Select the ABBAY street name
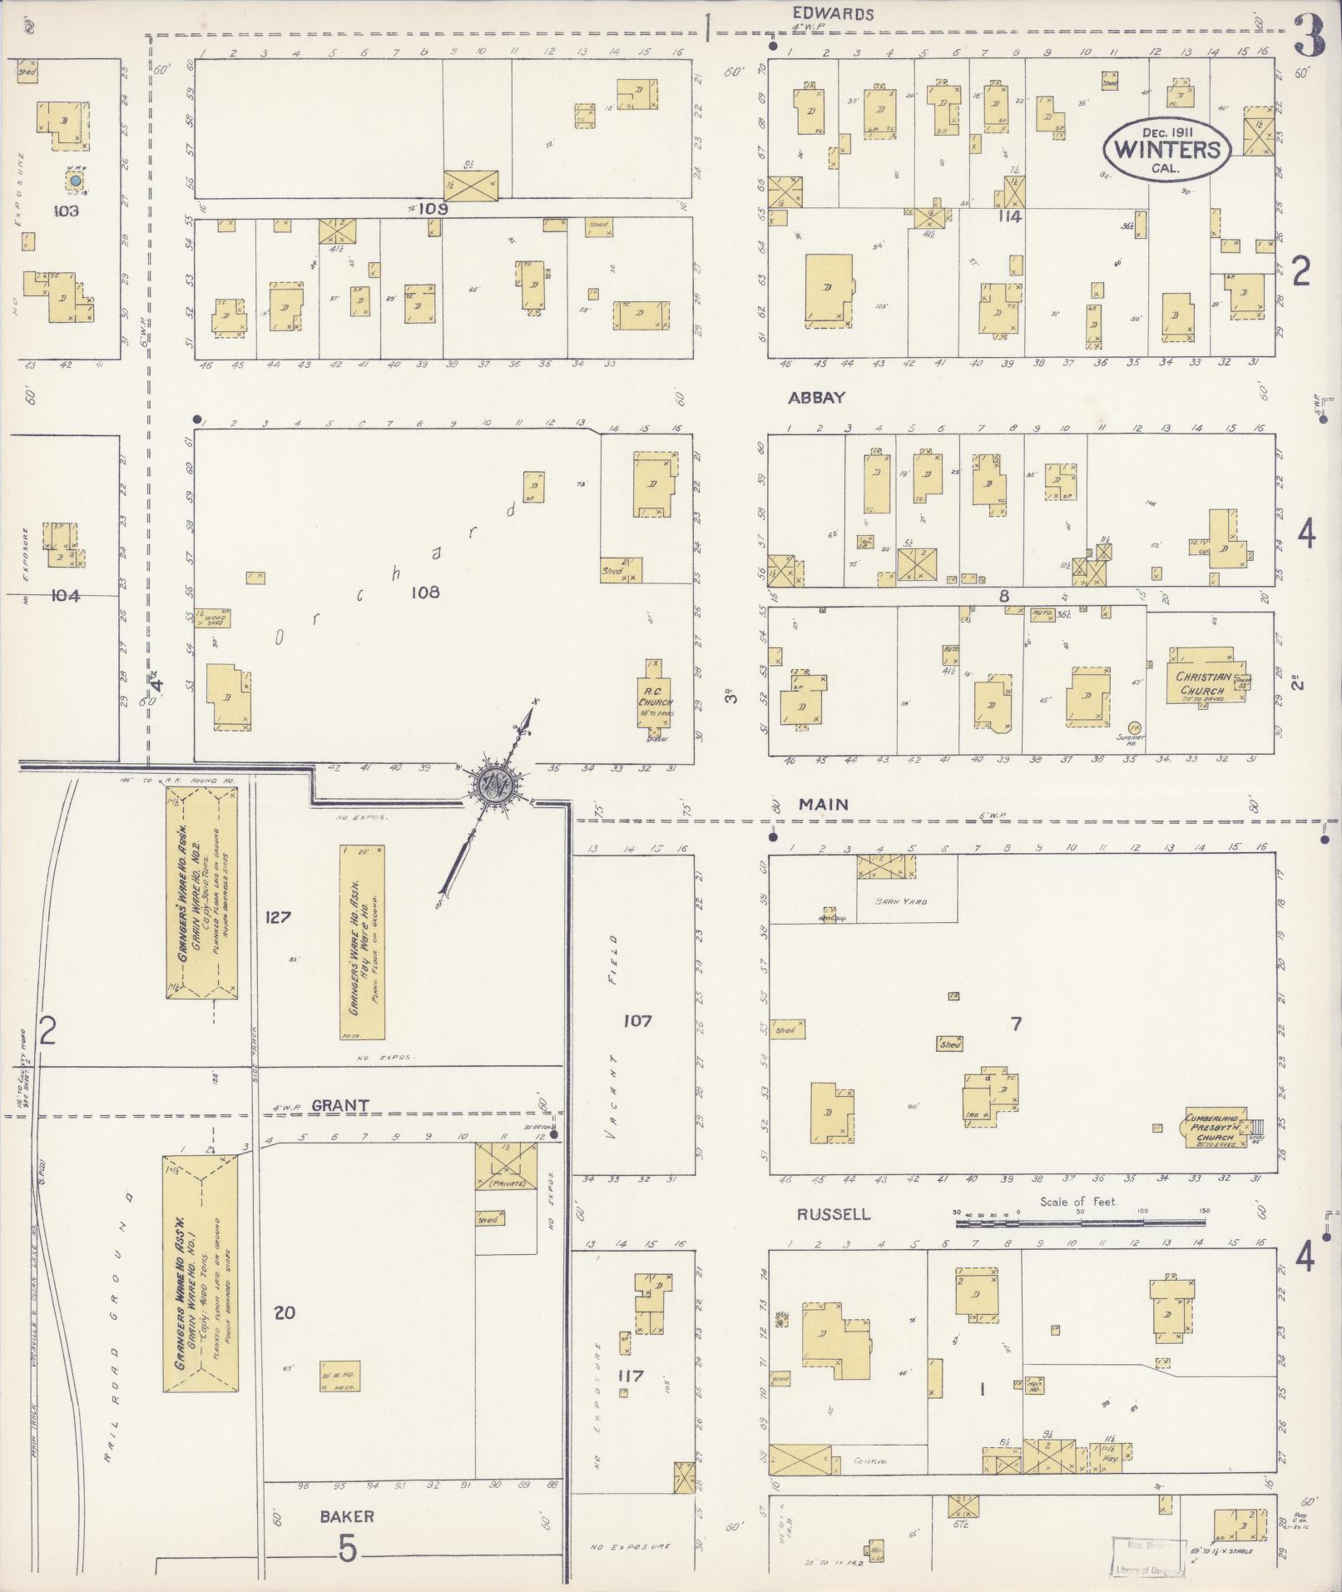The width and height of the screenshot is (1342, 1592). point(816,398)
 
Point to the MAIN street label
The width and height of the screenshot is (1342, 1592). point(823,804)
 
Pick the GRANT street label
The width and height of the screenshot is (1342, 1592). point(339,1105)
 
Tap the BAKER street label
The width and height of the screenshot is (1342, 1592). point(347,1516)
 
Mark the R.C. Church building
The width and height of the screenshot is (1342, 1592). point(655,697)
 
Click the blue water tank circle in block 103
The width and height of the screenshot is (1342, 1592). point(75,180)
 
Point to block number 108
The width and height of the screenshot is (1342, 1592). point(424,593)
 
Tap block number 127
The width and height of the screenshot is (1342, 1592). point(278,917)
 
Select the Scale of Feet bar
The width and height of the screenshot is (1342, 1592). point(1080,1222)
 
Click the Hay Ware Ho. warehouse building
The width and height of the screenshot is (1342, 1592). point(362,942)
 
